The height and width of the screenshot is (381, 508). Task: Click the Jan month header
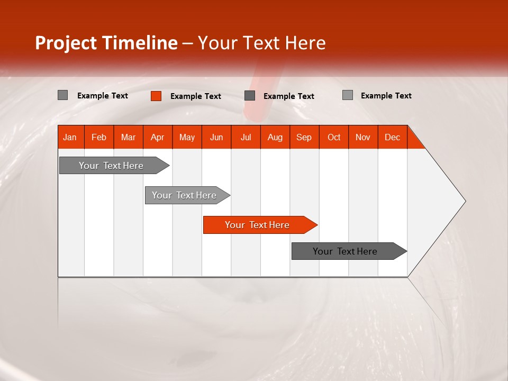click(x=70, y=138)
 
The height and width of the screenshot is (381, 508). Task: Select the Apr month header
click(x=157, y=138)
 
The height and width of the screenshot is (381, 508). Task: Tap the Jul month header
click(x=246, y=138)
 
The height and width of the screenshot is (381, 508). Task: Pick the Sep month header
click(x=304, y=138)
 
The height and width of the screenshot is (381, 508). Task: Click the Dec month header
click(x=392, y=138)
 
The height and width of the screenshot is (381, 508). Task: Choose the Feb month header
click(x=99, y=138)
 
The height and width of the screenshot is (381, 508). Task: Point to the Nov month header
click(x=362, y=138)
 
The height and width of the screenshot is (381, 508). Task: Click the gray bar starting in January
click(x=112, y=166)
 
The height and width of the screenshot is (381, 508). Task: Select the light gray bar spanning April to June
click(x=185, y=195)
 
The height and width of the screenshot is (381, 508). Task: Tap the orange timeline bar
click(x=258, y=225)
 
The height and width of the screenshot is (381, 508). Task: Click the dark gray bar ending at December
click(x=346, y=251)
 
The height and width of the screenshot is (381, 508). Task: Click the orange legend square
click(x=156, y=96)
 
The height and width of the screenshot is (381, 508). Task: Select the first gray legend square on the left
click(x=62, y=95)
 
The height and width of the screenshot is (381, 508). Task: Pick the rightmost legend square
click(x=347, y=95)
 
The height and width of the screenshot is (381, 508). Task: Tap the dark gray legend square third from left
click(x=250, y=96)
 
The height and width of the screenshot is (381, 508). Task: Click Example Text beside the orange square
click(x=195, y=96)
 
